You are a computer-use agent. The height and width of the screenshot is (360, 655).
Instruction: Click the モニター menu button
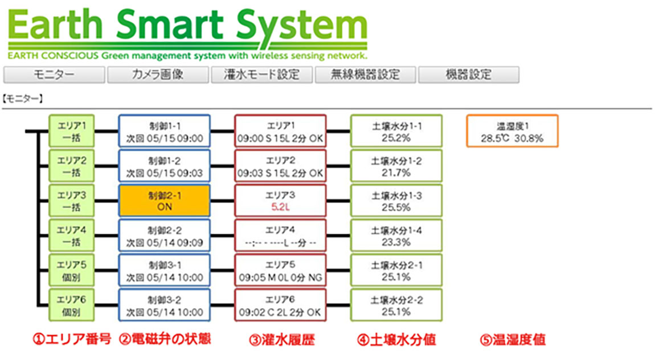coord(54,75)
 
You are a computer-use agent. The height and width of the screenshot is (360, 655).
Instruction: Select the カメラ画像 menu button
coord(158,75)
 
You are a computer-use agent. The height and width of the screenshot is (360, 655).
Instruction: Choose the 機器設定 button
coord(468,75)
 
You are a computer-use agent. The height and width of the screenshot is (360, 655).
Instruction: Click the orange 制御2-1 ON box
coord(164,201)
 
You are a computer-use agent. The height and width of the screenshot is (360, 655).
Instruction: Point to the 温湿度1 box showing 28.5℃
coord(511,132)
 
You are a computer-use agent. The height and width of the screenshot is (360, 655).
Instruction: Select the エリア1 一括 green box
coord(72,131)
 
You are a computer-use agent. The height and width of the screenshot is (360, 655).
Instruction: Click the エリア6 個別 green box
coord(72,305)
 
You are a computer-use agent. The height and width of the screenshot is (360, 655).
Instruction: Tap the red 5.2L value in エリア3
coord(280,207)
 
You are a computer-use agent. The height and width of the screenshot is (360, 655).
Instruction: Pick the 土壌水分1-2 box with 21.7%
coord(396,166)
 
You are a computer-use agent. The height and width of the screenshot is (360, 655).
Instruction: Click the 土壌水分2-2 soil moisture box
coord(396,305)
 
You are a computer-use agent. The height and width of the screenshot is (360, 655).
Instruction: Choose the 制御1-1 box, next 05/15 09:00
coord(164,131)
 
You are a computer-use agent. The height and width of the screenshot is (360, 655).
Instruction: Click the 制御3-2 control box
coord(164,305)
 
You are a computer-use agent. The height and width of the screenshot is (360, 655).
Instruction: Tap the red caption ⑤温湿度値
coord(511,340)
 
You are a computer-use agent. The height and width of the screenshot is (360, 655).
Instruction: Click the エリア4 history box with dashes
coord(280,236)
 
